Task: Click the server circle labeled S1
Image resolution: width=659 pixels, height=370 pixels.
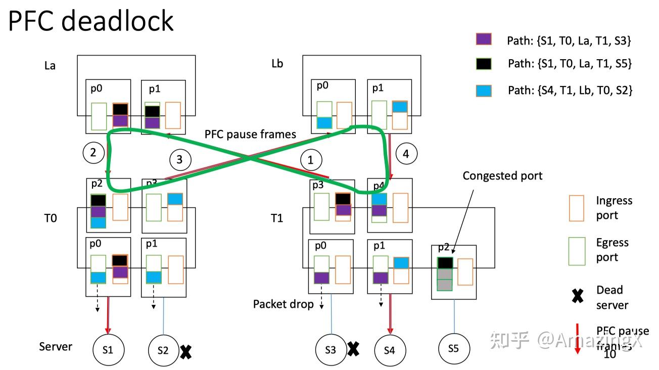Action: point(108,349)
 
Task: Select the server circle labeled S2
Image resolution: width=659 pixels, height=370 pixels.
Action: point(163,349)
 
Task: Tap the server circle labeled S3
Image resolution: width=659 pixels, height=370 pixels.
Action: point(330,349)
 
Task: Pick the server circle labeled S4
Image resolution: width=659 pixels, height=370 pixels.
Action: point(389,349)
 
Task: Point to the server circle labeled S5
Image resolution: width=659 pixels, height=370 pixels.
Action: point(453,348)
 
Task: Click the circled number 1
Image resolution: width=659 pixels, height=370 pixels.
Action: point(311,160)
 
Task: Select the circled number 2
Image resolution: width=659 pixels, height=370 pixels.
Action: point(93,152)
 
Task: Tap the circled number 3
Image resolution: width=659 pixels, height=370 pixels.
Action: point(180,160)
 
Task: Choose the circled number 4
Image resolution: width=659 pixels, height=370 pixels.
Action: point(406,153)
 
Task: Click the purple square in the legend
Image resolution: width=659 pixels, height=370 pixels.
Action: point(484,40)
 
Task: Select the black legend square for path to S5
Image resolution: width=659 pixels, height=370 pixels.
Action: point(484,63)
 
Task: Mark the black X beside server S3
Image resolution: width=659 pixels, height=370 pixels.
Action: point(353,348)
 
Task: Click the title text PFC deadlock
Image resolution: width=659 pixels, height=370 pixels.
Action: point(91,21)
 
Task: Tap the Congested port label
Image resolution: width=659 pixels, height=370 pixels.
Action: point(502,175)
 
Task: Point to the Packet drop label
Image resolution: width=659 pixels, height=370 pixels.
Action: point(283,304)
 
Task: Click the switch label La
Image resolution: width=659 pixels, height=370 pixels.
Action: point(50,65)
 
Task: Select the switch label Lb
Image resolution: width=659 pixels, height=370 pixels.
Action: point(277,64)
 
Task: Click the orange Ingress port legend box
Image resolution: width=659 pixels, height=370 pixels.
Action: point(576,208)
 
